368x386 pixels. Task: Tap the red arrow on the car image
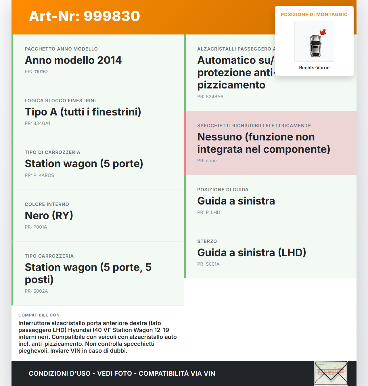[323, 32]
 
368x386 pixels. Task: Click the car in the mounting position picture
[315, 46]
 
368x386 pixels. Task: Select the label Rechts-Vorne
[314, 68]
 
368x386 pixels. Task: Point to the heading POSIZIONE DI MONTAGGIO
[314, 15]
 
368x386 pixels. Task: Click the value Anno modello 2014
[73, 60]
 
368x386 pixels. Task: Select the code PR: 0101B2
[37, 72]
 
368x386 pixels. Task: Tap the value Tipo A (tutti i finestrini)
[83, 112]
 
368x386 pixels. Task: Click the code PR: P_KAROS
[39, 175]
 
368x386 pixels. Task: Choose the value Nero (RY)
[49, 216]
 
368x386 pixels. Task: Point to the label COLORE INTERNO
[47, 204]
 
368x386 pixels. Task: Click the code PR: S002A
[36, 291]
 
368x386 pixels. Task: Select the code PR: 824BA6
[210, 97]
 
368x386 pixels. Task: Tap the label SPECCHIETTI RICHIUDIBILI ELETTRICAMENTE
[254, 126]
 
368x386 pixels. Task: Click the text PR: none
[207, 161]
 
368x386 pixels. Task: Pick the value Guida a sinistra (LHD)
[252, 253]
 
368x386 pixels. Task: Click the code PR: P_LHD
[208, 213]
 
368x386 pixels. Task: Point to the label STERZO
[207, 242]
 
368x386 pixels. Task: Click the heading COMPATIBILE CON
[39, 315]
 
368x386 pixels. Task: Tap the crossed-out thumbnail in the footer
[331, 373]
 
